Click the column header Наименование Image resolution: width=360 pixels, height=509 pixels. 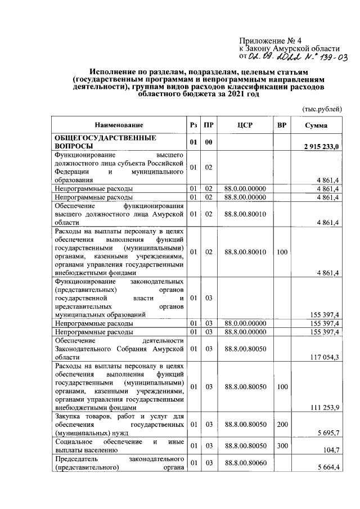119,125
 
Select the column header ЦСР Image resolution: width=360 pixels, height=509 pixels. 244,125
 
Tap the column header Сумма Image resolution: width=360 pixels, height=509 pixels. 316,125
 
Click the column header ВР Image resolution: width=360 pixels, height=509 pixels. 281,125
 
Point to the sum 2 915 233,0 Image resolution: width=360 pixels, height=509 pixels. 320,147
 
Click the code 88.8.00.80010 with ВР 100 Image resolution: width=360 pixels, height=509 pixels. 244,252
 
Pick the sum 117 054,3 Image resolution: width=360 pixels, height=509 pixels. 325,357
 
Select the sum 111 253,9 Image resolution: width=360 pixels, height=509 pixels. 325,407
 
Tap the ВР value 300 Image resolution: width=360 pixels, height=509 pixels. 281,445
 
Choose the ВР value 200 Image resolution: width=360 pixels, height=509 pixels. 281,423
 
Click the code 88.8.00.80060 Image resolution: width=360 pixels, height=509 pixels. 244,463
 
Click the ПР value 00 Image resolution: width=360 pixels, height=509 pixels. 208,142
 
